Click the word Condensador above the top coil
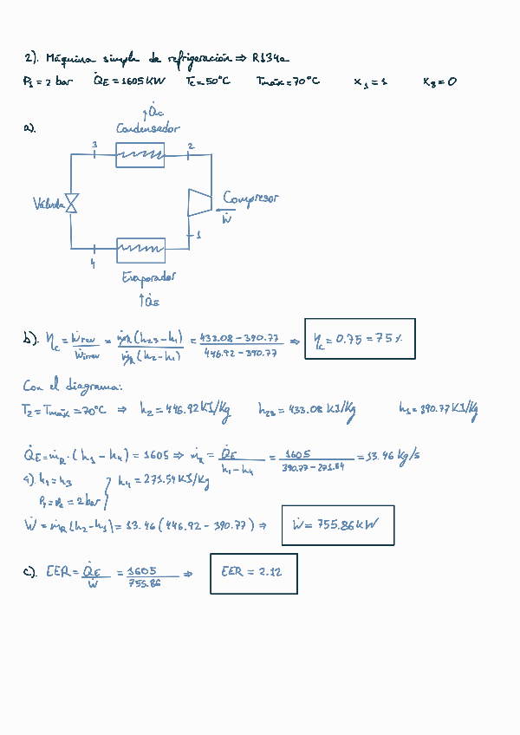coord(148,128)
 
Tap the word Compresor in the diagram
coord(250,198)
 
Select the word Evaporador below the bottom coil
coord(149,277)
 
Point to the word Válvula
coord(49,205)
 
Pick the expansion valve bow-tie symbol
coord(72,203)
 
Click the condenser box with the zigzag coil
coord(140,155)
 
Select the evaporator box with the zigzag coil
coord(140,250)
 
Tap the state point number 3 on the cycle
coord(94,144)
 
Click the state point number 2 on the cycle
coord(191,146)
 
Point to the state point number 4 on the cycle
coord(93,263)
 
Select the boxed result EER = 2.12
coord(253,573)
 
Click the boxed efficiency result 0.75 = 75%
coord(359,338)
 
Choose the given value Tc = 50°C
coord(208,81)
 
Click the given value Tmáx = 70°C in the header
coord(288,81)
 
